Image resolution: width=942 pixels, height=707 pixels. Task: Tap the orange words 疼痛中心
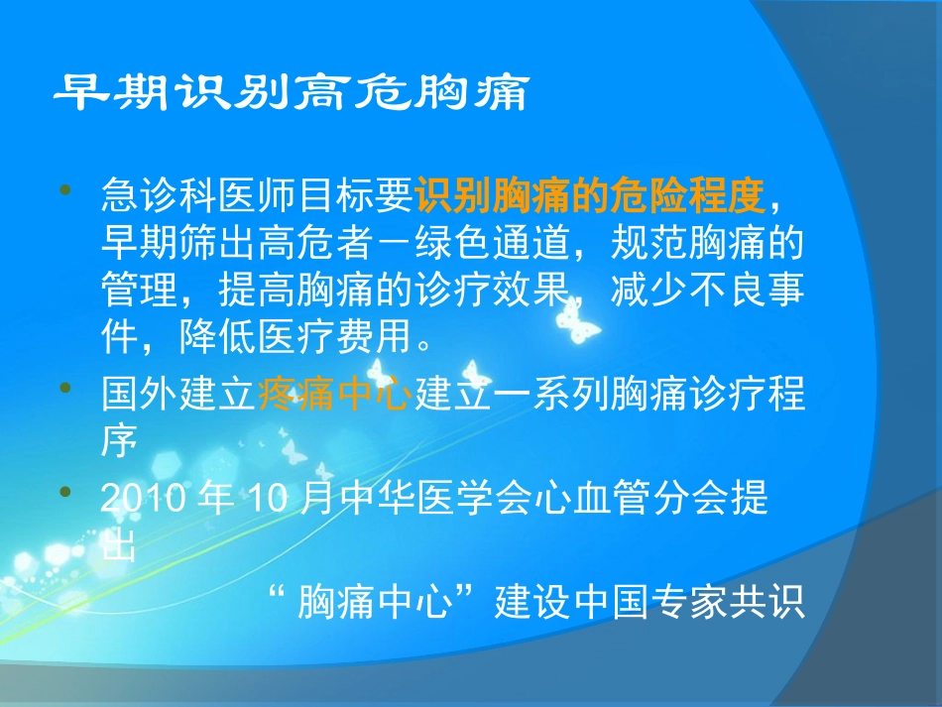[334, 397]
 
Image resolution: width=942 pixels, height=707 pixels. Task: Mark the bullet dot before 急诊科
[67, 189]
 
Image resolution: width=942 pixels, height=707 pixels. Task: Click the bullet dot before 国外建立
[67, 390]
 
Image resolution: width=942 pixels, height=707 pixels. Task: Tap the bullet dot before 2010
[67, 493]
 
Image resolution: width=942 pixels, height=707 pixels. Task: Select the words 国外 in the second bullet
[139, 397]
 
